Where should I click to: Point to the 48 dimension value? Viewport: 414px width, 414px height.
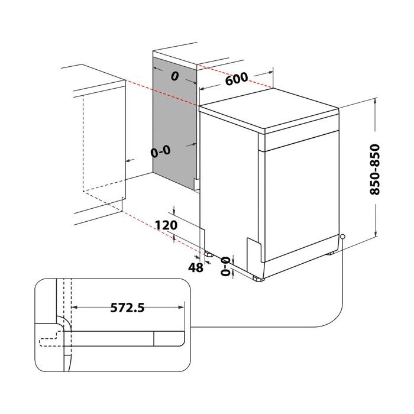tap(196, 267)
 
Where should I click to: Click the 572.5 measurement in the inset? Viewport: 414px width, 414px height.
tap(128, 307)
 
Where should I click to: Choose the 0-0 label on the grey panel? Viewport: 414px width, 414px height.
tap(160, 151)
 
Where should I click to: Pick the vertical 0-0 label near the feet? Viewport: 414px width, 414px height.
tap(225, 267)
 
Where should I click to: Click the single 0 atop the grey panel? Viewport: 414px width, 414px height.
tap(174, 76)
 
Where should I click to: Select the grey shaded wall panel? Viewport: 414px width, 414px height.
tap(174, 118)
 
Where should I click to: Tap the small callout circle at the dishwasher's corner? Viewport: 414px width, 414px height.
tap(342, 237)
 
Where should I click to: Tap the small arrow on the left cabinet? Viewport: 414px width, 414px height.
tap(127, 160)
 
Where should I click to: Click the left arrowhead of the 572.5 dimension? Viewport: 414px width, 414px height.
tap(74, 307)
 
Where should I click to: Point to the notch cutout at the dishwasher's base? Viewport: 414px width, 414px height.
tap(253, 248)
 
